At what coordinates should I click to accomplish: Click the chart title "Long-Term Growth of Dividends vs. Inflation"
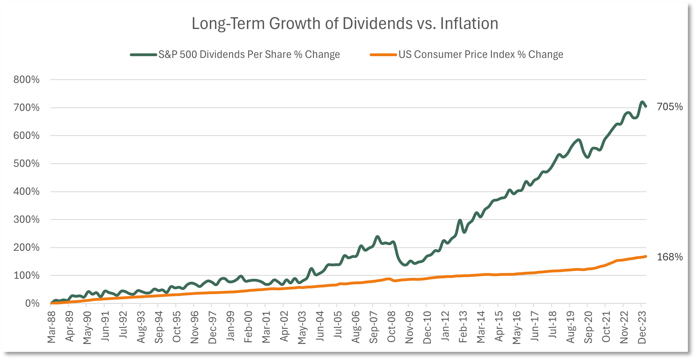pos(345,24)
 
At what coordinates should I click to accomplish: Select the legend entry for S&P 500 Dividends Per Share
pos(235,54)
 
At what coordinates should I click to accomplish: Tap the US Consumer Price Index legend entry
pos(467,54)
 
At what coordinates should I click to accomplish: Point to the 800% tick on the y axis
pos(26,80)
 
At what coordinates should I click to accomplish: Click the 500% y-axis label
pos(26,164)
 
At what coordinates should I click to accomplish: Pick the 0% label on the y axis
pos(32,304)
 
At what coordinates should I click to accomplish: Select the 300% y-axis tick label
pos(26,220)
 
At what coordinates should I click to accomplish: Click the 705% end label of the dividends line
pos(670,107)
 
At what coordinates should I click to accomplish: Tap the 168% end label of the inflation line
pos(670,257)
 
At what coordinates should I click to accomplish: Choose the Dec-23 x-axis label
pos(642,327)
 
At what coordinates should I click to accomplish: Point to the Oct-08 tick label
pos(391,327)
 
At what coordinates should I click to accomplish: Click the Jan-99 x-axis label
pos(230,326)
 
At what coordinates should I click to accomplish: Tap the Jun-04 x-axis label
pos(320,326)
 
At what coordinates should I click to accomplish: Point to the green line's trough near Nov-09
pos(405,265)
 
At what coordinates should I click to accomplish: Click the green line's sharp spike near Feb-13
pos(460,220)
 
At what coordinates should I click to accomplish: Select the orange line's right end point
pos(646,256)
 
